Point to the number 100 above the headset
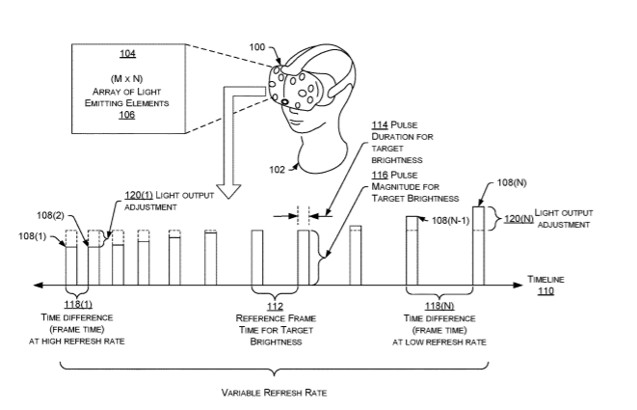click(x=258, y=46)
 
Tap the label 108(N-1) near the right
click(x=449, y=220)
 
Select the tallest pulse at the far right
click(x=478, y=245)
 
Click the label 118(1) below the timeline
click(x=76, y=304)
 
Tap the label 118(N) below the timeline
click(x=439, y=304)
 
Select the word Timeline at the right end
click(x=547, y=280)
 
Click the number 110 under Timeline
click(x=546, y=290)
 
